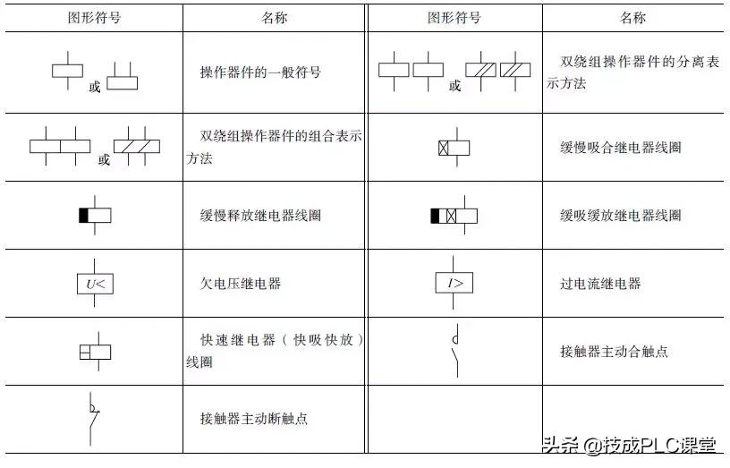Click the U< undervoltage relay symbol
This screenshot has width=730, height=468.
point(94,284)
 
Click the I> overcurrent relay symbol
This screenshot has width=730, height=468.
point(454,284)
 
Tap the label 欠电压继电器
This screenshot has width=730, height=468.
point(240,284)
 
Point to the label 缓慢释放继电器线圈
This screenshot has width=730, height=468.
point(259,216)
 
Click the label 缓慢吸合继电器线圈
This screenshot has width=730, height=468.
point(620,148)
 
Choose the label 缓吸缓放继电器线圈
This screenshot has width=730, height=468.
point(620,216)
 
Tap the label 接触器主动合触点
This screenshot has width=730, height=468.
point(614,352)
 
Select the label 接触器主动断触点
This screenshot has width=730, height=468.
point(253,419)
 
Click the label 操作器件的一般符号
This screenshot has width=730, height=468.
point(259,72)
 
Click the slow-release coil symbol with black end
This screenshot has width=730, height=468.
point(94,216)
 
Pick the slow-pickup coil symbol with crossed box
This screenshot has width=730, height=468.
point(454,148)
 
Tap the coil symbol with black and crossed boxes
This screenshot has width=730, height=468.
point(454,216)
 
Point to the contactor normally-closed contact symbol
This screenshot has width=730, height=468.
point(92,418)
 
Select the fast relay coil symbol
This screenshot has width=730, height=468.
point(94,352)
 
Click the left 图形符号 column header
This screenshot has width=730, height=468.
point(94,18)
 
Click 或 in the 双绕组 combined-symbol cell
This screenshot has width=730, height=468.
point(104,160)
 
